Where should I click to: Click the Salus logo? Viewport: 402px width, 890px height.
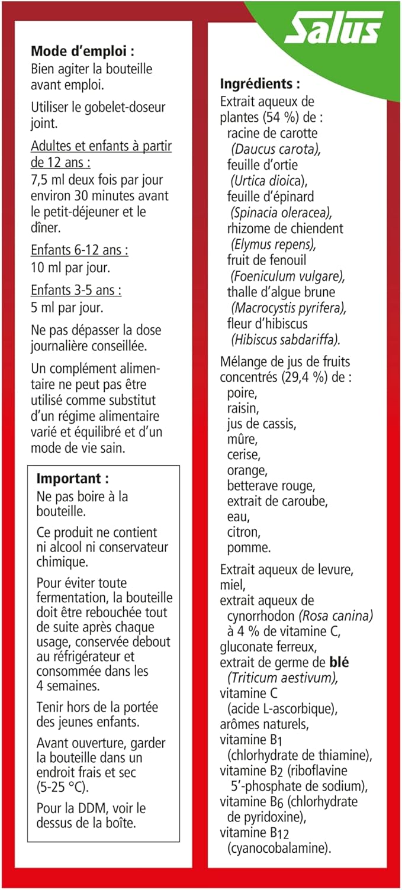[x=334, y=28]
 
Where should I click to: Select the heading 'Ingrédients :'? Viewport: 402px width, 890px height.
[x=260, y=84]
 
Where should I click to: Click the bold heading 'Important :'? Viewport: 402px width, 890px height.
[x=73, y=478]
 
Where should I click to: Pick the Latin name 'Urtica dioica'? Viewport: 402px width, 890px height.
[x=269, y=180]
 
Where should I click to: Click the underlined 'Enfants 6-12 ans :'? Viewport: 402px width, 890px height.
[x=79, y=250]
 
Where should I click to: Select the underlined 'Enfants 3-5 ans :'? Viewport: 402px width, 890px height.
[x=76, y=291]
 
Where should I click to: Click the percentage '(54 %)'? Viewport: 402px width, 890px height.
[x=278, y=117]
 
